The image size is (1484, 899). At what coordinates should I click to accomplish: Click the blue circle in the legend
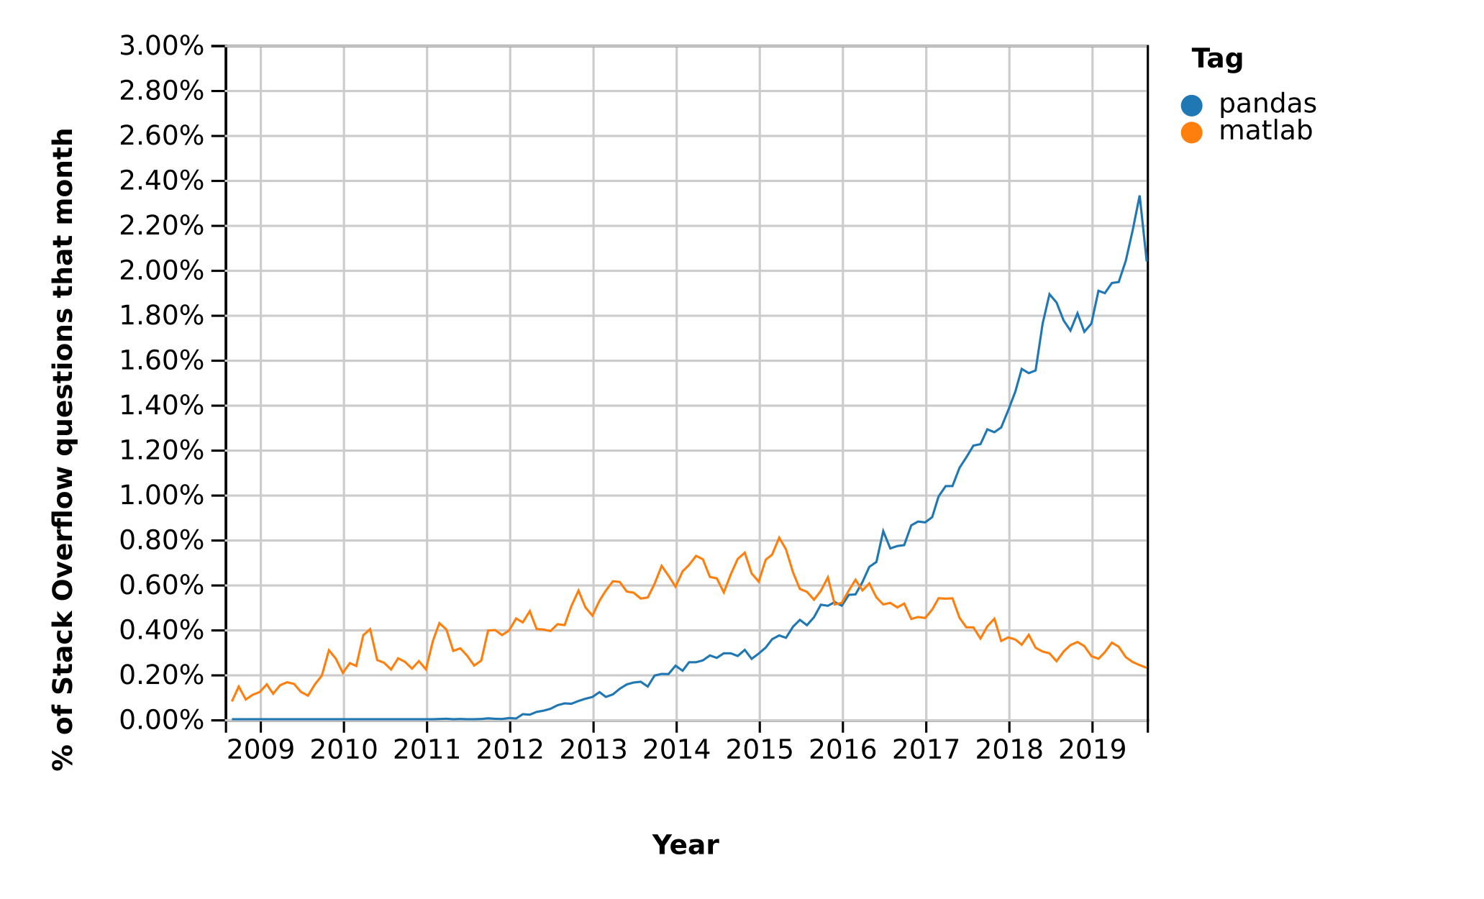point(1191,106)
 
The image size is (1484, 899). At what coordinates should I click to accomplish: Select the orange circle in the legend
point(1191,133)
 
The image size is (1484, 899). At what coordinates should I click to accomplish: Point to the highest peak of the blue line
point(1139,196)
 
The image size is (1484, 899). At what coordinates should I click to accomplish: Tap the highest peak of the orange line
point(779,537)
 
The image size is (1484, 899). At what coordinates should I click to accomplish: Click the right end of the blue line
point(1146,260)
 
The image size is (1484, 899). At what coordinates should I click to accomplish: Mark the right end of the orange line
point(1146,668)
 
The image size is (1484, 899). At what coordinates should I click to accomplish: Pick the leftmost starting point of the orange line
point(232,701)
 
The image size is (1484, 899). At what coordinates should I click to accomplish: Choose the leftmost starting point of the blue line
point(232,719)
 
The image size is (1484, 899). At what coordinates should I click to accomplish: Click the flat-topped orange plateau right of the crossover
point(945,598)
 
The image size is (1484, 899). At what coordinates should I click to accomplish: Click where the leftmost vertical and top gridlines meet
point(261,46)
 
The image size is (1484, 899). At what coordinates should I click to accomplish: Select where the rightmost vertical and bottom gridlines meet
point(1093,720)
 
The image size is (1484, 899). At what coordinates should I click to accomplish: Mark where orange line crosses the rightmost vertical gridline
point(1093,656)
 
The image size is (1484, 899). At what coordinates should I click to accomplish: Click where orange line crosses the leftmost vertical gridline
point(261,690)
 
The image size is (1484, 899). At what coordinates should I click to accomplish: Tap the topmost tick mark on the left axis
point(227,46)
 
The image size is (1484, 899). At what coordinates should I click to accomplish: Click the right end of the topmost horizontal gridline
point(1146,46)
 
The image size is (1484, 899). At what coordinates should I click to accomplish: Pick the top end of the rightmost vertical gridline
point(1093,46)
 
